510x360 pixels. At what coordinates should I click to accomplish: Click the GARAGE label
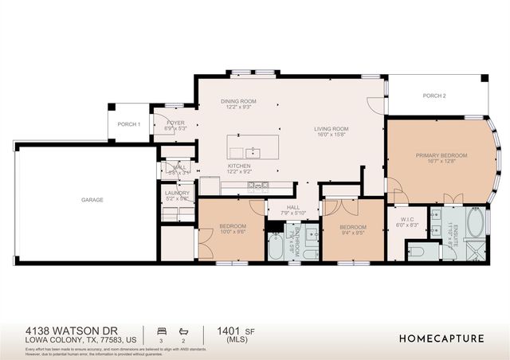point(92,199)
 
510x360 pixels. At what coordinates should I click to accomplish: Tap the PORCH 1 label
point(128,124)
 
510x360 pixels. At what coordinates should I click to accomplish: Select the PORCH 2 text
point(433,96)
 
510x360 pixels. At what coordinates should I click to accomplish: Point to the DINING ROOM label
point(237,101)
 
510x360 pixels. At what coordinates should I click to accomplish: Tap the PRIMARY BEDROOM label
point(441,155)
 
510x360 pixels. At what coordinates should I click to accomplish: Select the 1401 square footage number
point(222,329)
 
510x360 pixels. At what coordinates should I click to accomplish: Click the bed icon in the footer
point(163,329)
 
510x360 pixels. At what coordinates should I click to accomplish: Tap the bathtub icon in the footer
point(183,329)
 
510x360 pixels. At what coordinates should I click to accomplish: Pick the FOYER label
point(175,123)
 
